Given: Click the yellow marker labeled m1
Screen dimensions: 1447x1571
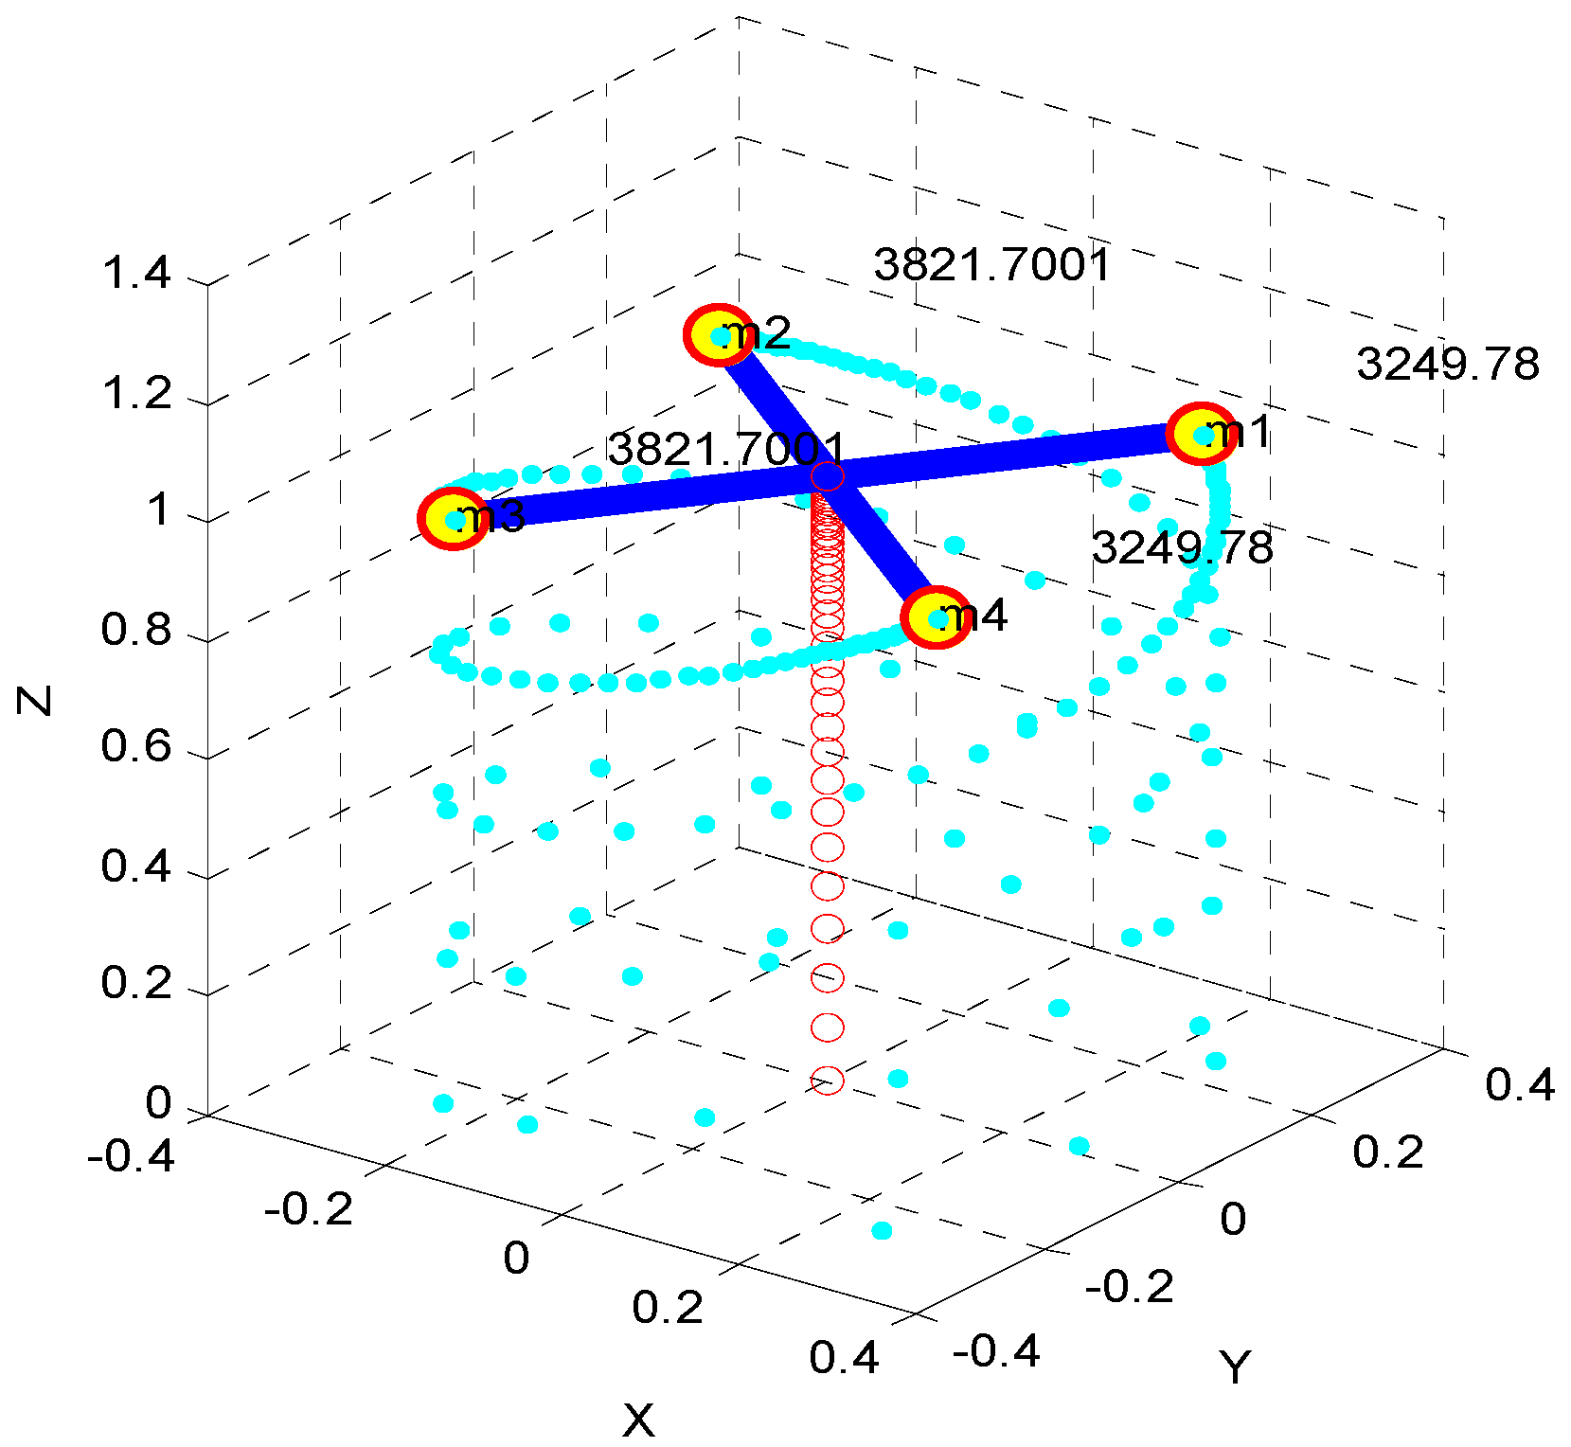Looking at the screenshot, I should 1201,434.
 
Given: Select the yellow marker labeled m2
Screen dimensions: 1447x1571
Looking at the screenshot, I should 719,334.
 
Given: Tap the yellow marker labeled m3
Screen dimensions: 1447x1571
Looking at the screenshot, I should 454,518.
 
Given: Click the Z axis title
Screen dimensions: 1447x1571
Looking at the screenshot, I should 35,700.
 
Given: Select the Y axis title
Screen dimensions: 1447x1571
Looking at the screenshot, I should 1235,1367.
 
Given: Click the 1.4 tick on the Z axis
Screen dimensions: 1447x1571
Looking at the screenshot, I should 136,274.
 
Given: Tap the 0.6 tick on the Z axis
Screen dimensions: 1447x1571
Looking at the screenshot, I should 136,747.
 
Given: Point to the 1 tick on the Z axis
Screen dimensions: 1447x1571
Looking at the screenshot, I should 158,510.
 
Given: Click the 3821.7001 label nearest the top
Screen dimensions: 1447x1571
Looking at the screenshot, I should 991,264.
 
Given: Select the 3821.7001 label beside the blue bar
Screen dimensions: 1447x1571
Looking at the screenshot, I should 725,449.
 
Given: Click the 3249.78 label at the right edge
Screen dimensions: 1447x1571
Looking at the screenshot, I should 1448,365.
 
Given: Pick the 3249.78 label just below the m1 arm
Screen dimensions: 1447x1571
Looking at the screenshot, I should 1183,548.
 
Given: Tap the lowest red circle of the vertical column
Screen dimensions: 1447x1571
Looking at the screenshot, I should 828,1080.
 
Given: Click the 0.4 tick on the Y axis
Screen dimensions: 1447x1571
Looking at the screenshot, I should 1519,1085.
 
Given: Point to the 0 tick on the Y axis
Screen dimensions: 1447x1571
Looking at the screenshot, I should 1232,1220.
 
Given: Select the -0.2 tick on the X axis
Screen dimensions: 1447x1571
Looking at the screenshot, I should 309,1209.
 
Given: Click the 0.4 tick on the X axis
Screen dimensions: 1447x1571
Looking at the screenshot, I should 844,1358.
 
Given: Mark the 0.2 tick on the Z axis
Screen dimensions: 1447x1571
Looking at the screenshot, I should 136,984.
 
